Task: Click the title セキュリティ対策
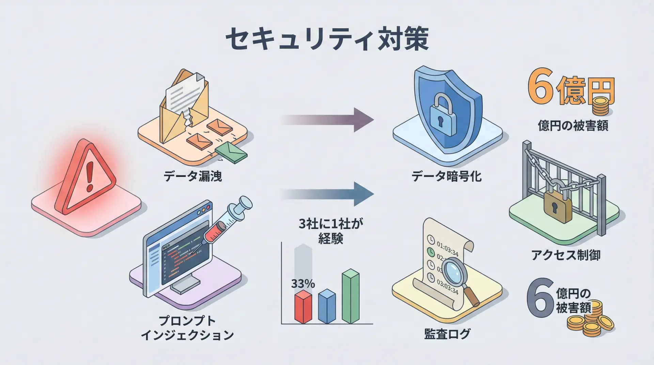point(327,40)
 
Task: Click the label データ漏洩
point(192,176)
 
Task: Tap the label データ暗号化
point(447,176)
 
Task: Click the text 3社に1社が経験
point(331,231)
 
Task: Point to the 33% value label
point(303,284)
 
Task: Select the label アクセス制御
point(566,255)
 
